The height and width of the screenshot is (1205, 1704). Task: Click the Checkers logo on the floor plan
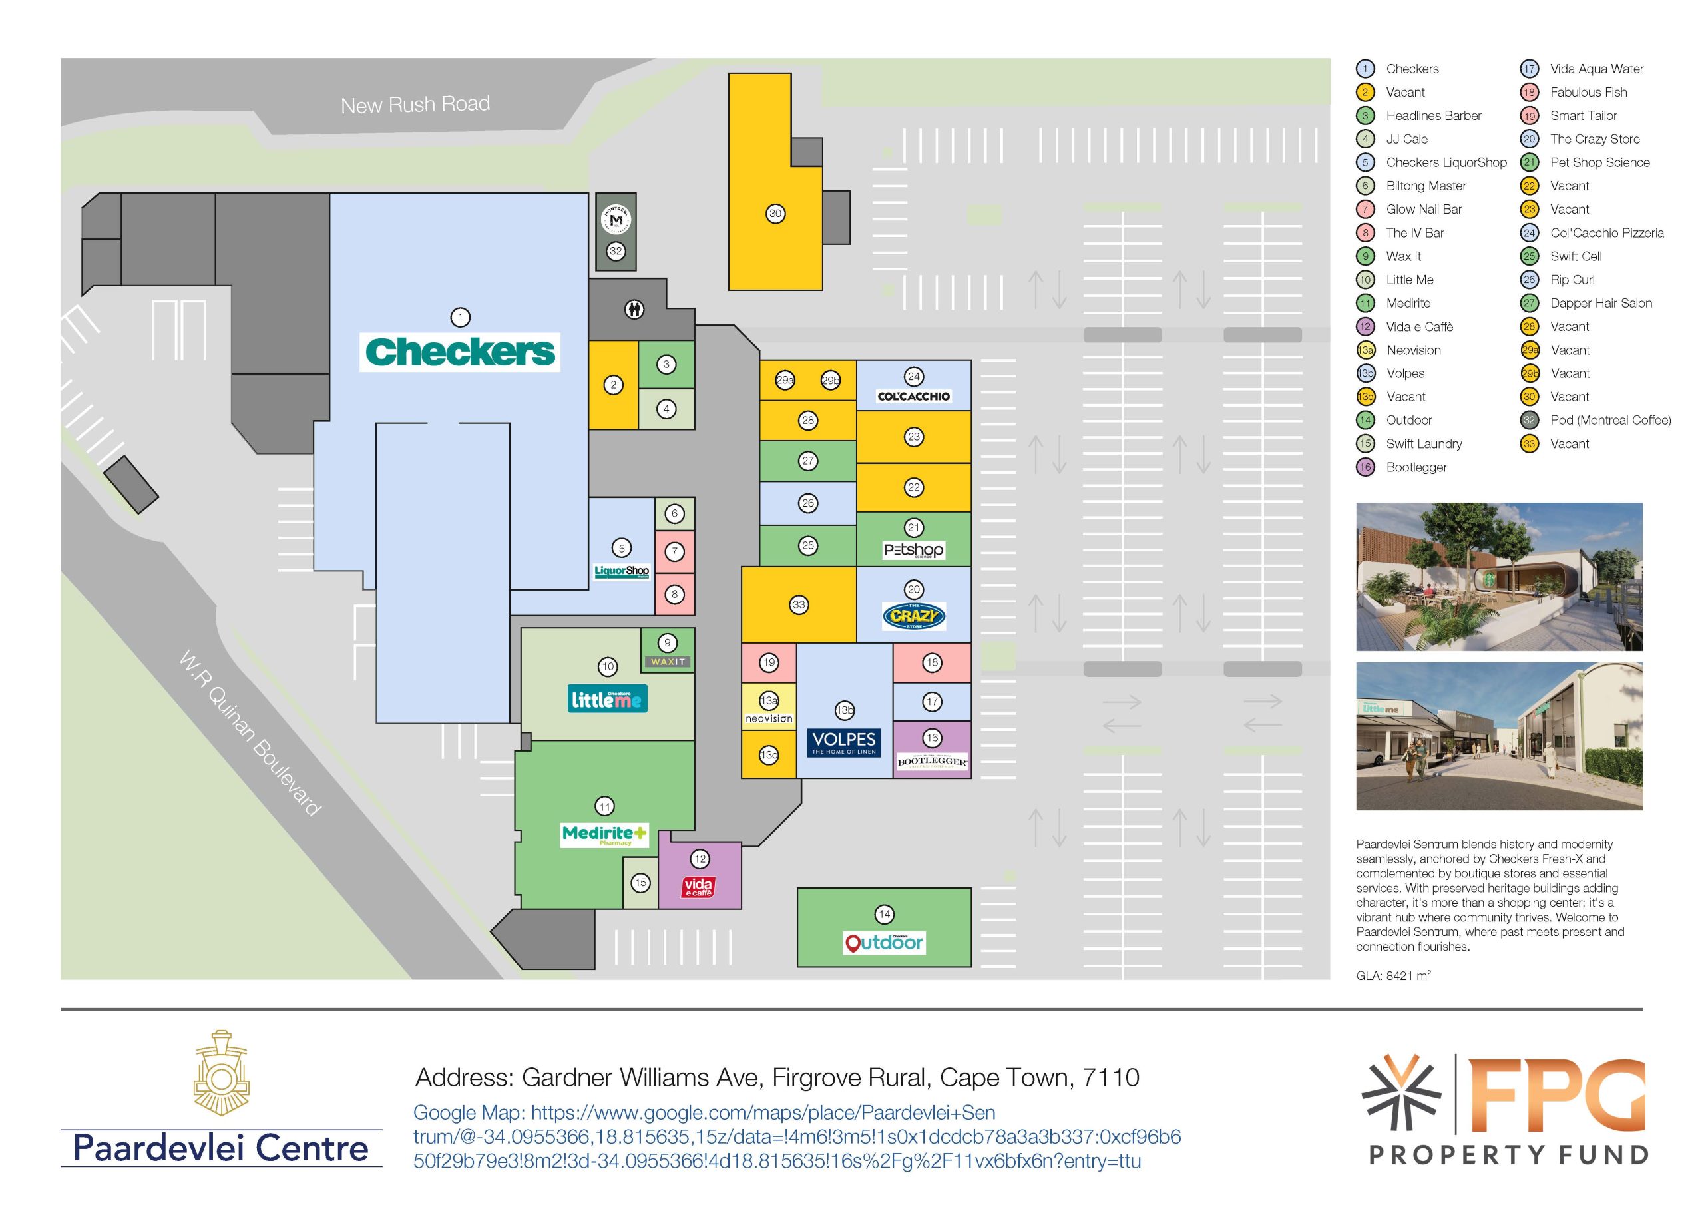pyautogui.click(x=460, y=352)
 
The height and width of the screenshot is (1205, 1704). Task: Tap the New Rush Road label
pyautogui.click(x=415, y=105)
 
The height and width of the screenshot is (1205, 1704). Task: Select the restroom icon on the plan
pyautogui.click(x=634, y=309)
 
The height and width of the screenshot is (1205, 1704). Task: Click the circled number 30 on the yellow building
pyautogui.click(x=775, y=214)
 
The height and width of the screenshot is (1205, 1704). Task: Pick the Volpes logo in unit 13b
pyautogui.click(x=844, y=742)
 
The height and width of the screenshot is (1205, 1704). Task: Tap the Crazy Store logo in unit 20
pyautogui.click(x=914, y=616)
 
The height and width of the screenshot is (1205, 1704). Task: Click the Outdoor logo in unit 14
pyautogui.click(x=884, y=942)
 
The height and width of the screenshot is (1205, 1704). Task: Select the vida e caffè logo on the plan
pyautogui.click(x=698, y=887)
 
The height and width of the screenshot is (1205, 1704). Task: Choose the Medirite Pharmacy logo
pyautogui.click(x=605, y=835)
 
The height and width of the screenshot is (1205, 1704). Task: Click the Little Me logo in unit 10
pyautogui.click(x=608, y=698)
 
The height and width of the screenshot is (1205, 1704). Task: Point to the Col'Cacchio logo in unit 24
pyautogui.click(x=914, y=397)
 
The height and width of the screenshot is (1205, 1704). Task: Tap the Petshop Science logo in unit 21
pyautogui.click(x=914, y=550)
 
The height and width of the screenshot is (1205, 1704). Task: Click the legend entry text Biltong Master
pyautogui.click(x=1426, y=186)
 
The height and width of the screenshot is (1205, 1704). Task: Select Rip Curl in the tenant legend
pyautogui.click(x=1572, y=280)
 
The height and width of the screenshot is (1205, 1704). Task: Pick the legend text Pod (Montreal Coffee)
pyautogui.click(x=1609, y=420)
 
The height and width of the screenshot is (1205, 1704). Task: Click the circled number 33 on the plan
pyautogui.click(x=799, y=604)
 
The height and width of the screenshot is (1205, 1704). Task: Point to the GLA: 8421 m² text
pyautogui.click(x=1393, y=975)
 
